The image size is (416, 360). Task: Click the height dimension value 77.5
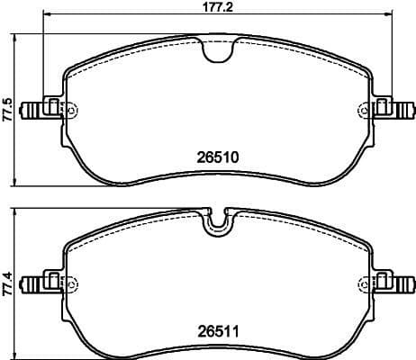(x=7, y=110)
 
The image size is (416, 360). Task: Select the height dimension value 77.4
(x=7, y=280)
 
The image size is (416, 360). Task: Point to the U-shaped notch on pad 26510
(x=216, y=52)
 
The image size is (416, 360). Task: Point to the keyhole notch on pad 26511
(x=216, y=224)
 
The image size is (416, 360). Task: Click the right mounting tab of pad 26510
(x=393, y=110)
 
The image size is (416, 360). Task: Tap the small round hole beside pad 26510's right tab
(x=365, y=110)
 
